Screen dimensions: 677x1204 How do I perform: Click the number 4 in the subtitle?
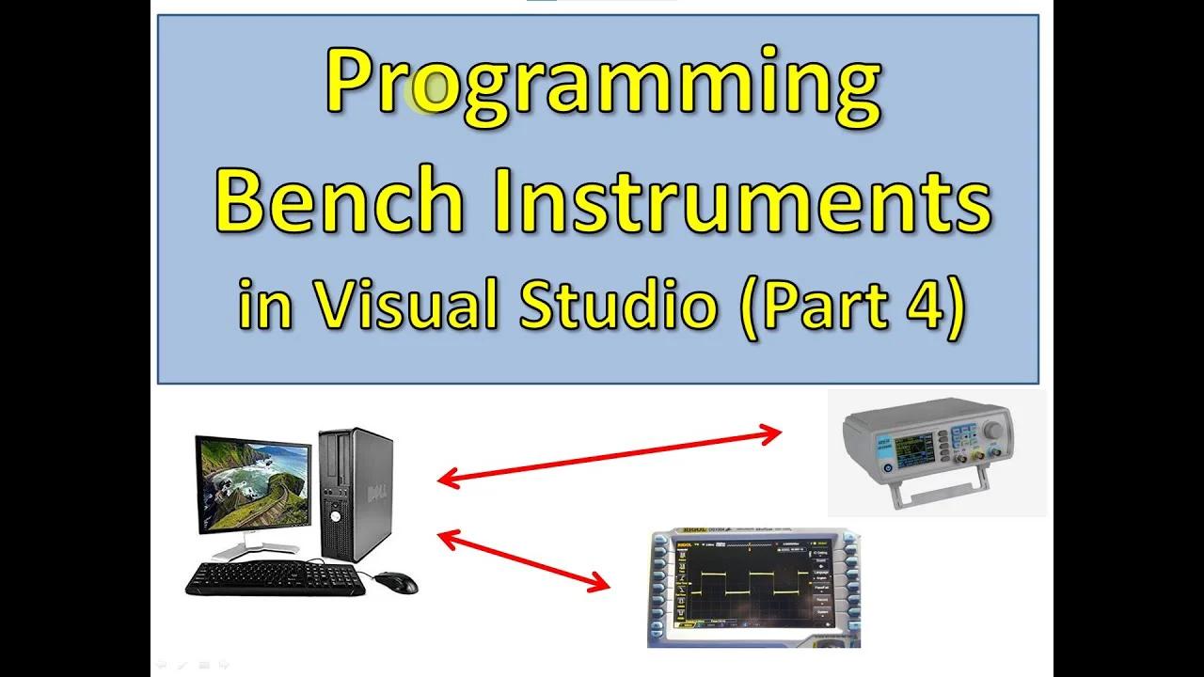coord(925,307)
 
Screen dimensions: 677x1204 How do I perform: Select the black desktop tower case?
coord(355,494)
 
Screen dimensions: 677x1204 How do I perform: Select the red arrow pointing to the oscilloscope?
coord(523,561)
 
